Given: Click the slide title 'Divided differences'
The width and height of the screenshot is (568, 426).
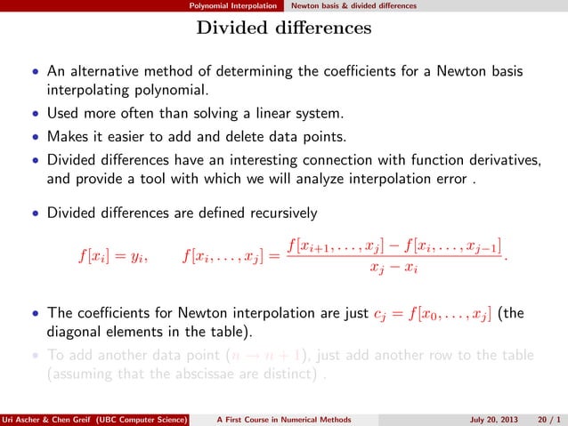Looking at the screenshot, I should coord(284,28).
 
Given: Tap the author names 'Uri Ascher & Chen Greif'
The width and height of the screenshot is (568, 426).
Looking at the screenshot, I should coord(45,419).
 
